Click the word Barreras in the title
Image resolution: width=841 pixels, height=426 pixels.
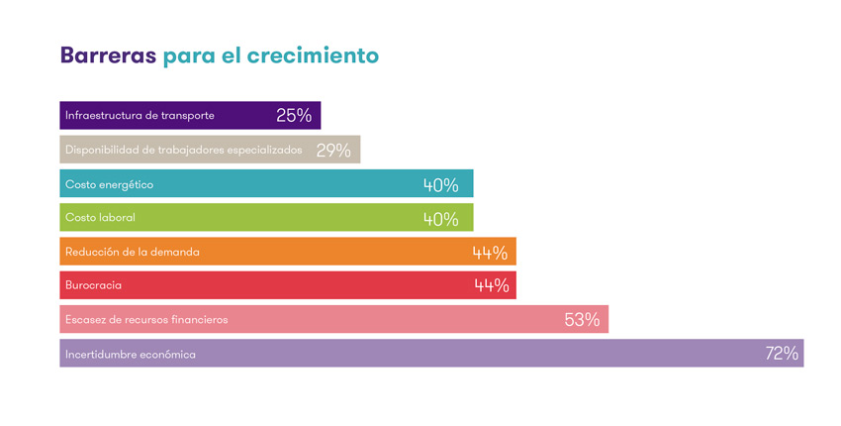(108, 55)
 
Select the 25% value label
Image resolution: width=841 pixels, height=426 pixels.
(294, 116)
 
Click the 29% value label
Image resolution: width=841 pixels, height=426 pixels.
(333, 151)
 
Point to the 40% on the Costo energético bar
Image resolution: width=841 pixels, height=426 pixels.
(440, 185)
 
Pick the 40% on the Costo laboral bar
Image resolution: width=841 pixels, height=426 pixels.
(440, 219)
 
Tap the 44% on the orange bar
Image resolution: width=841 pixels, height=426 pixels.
(491, 253)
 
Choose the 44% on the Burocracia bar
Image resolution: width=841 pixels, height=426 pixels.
(491, 286)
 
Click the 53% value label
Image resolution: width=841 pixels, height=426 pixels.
(582, 320)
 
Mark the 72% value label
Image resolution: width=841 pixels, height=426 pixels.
(782, 354)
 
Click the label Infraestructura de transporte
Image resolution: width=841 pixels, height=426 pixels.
(140, 116)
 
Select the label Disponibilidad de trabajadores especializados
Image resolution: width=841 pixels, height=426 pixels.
(183, 151)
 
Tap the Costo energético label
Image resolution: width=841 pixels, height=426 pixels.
(109, 185)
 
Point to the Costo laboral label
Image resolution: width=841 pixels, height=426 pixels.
(100, 218)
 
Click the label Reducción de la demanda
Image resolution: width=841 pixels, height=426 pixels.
(133, 253)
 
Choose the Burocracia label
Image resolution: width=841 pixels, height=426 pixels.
(93, 286)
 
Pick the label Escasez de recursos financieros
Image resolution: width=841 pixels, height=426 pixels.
(146, 320)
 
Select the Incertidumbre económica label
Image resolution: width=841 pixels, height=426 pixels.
(131, 355)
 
